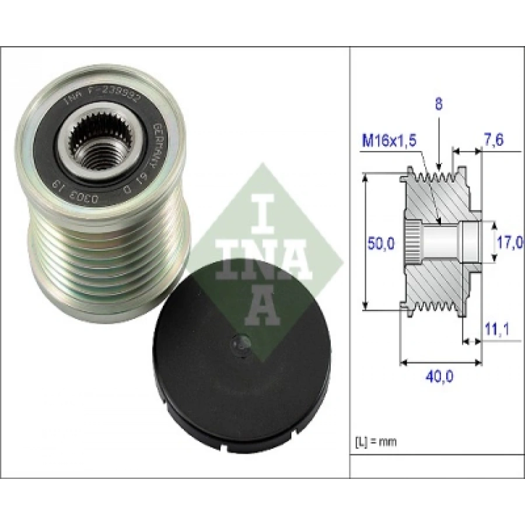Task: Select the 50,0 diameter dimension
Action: [381, 243]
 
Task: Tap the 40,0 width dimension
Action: [440, 376]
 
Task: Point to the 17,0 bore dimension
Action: [508, 242]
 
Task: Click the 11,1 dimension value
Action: [497, 330]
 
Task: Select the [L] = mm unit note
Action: [376, 442]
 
